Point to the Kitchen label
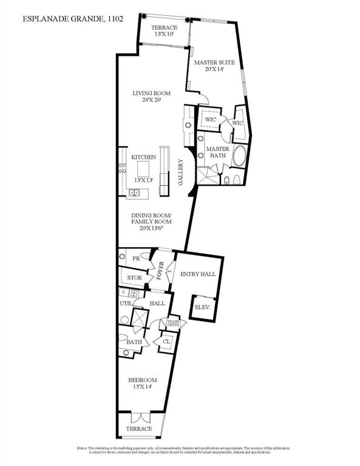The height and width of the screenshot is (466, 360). pyautogui.click(x=144, y=157)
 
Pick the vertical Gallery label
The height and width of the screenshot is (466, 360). pyautogui.click(x=180, y=172)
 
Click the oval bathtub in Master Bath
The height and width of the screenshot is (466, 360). pyautogui.click(x=240, y=157)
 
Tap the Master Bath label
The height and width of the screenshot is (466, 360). pyautogui.click(x=217, y=152)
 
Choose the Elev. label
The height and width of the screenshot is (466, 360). pyautogui.click(x=202, y=308)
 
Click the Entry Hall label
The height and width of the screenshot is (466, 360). pyautogui.click(x=199, y=274)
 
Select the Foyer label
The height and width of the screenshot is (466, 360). pyautogui.click(x=161, y=269)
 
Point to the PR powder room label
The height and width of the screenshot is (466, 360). pyautogui.click(x=137, y=258)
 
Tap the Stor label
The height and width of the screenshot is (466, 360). pyautogui.click(x=135, y=279)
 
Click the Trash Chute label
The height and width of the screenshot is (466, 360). pyautogui.click(x=173, y=323)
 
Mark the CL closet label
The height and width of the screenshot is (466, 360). pyautogui.click(x=166, y=342)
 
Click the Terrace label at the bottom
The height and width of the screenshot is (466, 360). pyautogui.click(x=140, y=428)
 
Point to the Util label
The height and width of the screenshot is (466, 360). pyautogui.click(x=126, y=303)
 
